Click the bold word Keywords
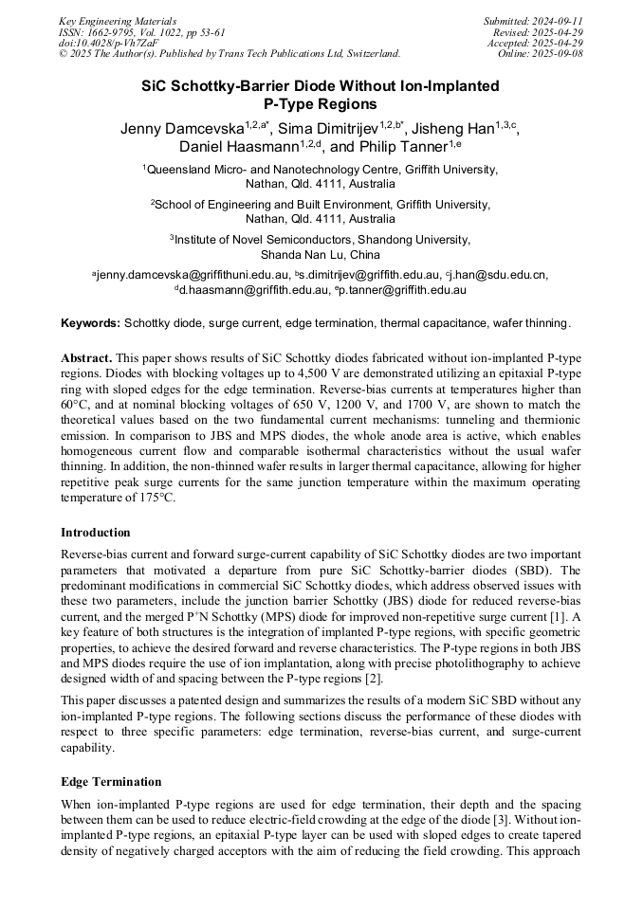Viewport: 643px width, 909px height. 90,323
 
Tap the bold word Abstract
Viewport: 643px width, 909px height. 86,358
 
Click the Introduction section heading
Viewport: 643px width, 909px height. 96,533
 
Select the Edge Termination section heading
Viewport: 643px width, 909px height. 111,782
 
